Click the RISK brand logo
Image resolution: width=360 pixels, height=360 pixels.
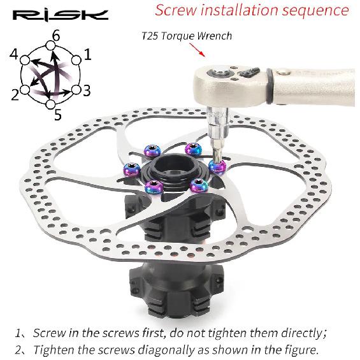click(61, 16)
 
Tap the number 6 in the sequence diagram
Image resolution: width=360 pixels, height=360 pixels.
click(56, 36)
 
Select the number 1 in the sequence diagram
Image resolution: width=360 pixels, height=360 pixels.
click(88, 55)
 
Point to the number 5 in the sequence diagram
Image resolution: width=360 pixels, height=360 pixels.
click(58, 114)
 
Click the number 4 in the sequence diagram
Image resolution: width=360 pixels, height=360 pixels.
click(14, 54)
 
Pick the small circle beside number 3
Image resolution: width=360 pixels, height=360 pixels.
click(76, 90)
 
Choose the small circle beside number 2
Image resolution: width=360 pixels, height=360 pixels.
click(25, 90)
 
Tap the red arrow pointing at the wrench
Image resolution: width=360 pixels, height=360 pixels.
click(198, 50)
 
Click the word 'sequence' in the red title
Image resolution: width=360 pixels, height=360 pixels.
click(315, 10)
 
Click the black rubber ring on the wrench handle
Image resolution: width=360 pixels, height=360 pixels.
click(270, 86)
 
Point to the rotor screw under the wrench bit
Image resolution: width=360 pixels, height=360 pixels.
click(217, 166)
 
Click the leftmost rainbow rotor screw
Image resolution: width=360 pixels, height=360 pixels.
click(132, 169)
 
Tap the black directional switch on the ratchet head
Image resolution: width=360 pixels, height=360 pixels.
click(248, 72)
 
